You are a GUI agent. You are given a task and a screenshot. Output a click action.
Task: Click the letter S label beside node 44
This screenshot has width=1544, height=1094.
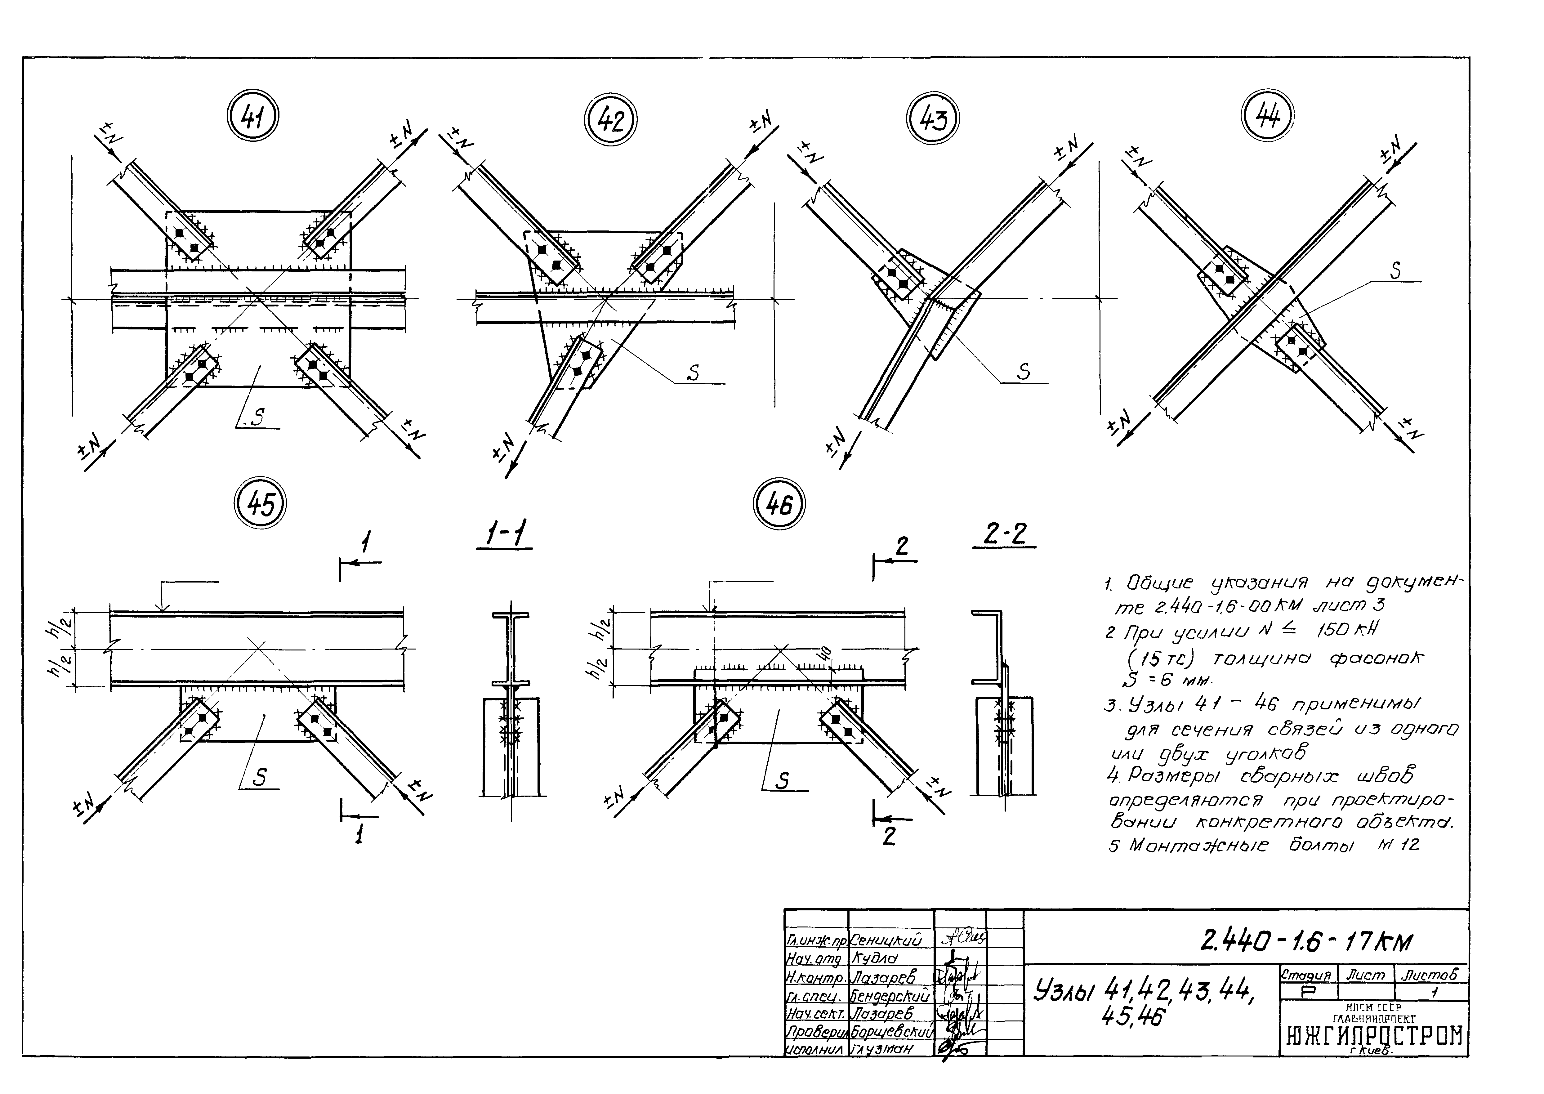1395,271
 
